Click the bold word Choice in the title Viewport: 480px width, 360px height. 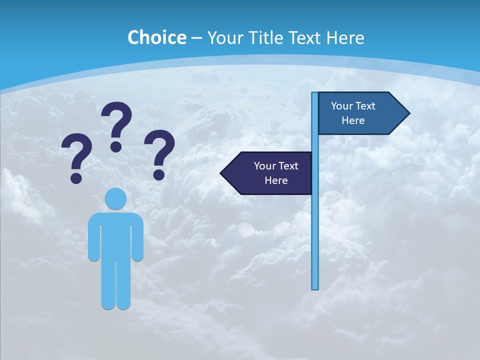(x=156, y=37)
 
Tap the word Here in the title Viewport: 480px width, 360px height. (x=345, y=37)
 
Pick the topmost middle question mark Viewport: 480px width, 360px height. (x=116, y=125)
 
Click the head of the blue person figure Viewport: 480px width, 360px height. (x=115, y=198)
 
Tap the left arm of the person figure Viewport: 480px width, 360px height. (x=93, y=240)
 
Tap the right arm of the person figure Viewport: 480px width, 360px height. (x=138, y=240)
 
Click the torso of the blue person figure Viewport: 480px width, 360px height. (x=115, y=235)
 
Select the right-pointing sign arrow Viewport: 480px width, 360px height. (x=360, y=113)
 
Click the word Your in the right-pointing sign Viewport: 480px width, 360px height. (x=342, y=106)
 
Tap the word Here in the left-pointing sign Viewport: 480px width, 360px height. (x=276, y=180)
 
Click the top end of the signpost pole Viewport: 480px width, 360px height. (x=315, y=94)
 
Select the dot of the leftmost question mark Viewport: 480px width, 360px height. (x=76, y=177)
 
